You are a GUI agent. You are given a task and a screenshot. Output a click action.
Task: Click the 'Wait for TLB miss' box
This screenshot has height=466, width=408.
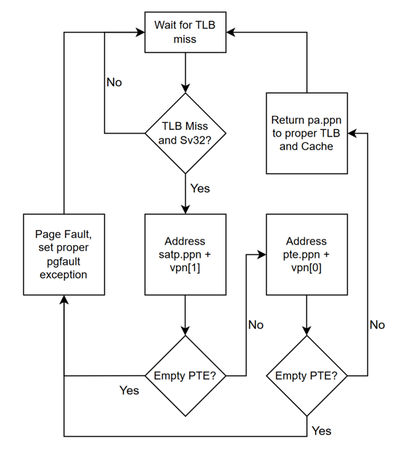pyautogui.click(x=185, y=33)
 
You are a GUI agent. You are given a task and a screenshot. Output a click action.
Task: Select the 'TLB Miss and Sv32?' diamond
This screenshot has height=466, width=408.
pyautogui.click(x=186, y=133)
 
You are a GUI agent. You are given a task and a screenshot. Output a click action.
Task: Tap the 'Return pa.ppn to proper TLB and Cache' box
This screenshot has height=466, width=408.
pyautogui.click(x=306, y=133)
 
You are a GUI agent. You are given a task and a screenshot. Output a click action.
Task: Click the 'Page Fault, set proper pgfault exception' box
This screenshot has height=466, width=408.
pyautogui.click(x=65, y=254)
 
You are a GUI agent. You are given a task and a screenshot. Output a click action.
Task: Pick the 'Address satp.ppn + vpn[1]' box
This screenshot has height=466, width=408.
pyautogui.click(x=185, y=254)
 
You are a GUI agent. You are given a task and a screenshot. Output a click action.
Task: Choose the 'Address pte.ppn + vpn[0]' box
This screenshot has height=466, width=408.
pyautogui.click(x=306, y=254)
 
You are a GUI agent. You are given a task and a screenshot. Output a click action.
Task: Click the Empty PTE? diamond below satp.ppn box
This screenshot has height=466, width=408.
pyautogui.click(x=185, y=375)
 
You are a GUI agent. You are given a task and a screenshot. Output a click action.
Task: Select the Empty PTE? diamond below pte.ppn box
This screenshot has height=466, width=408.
pyautogui.click(x=306, y=375)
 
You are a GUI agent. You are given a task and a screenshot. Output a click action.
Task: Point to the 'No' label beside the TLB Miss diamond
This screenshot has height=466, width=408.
pyautogui.click(x=114, y=82)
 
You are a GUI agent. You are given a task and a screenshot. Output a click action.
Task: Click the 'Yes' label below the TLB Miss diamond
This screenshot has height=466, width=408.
pyautogui.click(x=199, y=188)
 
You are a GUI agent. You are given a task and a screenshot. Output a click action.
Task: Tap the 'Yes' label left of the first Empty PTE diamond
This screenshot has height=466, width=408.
pyautogui.click(x=129, y=391)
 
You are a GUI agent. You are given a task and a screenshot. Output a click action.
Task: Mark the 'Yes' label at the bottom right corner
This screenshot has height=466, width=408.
pyautogui.click(x=321, y=430)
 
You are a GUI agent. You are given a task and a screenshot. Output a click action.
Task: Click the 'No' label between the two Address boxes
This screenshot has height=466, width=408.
pyautogui.click(x=255, y=324)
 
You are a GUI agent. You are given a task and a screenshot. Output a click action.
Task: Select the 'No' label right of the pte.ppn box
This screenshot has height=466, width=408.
pyautogui.click(x=377, y=324)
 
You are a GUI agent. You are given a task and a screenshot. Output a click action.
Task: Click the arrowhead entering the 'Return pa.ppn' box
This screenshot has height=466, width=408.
pyautogui.click(x=352, y=133)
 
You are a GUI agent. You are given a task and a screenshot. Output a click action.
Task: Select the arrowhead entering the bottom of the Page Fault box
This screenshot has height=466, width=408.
pyautogui.click(x=65, y=301)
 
